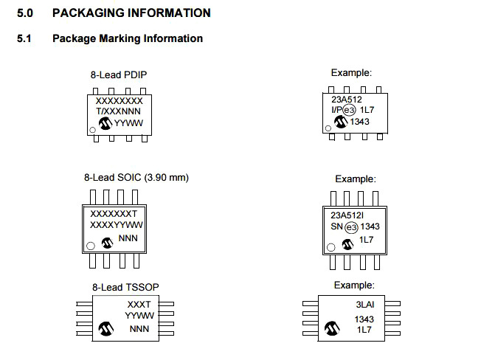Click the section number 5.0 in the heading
pos(25,13)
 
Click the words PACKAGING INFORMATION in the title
pos(131,13)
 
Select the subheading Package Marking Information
pos(128,38)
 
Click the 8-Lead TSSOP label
pos(125,286)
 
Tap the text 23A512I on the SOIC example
pos(346,215)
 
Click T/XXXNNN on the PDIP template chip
pos(119,111)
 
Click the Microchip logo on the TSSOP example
pos(331,325)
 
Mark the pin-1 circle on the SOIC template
pos(90,245)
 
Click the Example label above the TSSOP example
pos(354,285)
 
